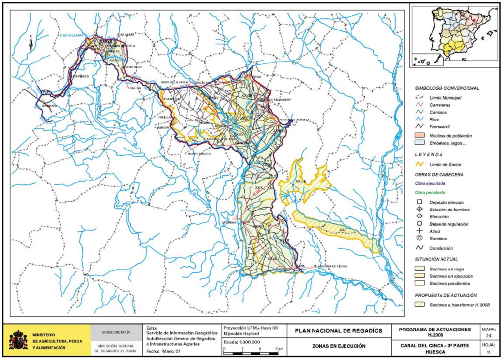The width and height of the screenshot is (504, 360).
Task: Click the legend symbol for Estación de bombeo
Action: coord(420,210)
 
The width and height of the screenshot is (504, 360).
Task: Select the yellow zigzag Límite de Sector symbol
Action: coord(420,164)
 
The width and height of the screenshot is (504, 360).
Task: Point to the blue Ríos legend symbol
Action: coord(420,120)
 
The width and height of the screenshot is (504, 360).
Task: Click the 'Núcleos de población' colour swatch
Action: coord(420,135)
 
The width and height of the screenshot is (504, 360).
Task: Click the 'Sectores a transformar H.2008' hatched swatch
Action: coord(420,305)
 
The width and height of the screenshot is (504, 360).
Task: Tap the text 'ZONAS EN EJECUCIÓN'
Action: coord(339,346)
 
